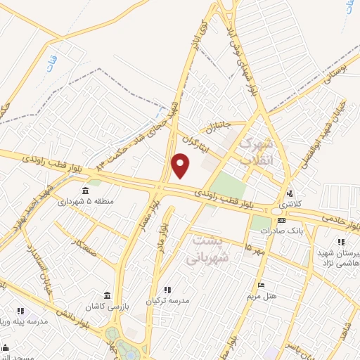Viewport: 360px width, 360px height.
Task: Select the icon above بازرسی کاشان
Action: [106, 295]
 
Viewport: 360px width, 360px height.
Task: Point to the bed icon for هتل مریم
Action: [261, 285]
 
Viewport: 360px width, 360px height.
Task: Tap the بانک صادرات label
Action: [286, 230]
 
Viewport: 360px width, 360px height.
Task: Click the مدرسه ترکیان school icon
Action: [167, 289]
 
